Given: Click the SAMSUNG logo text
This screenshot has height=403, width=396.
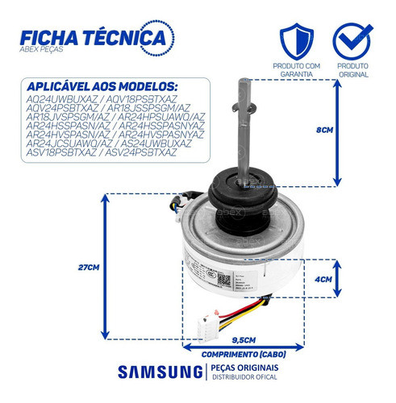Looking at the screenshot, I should point(160,372).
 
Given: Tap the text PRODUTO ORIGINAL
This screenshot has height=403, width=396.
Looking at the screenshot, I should point(353,70).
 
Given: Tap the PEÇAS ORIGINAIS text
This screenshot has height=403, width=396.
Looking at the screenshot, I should point(242,367).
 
